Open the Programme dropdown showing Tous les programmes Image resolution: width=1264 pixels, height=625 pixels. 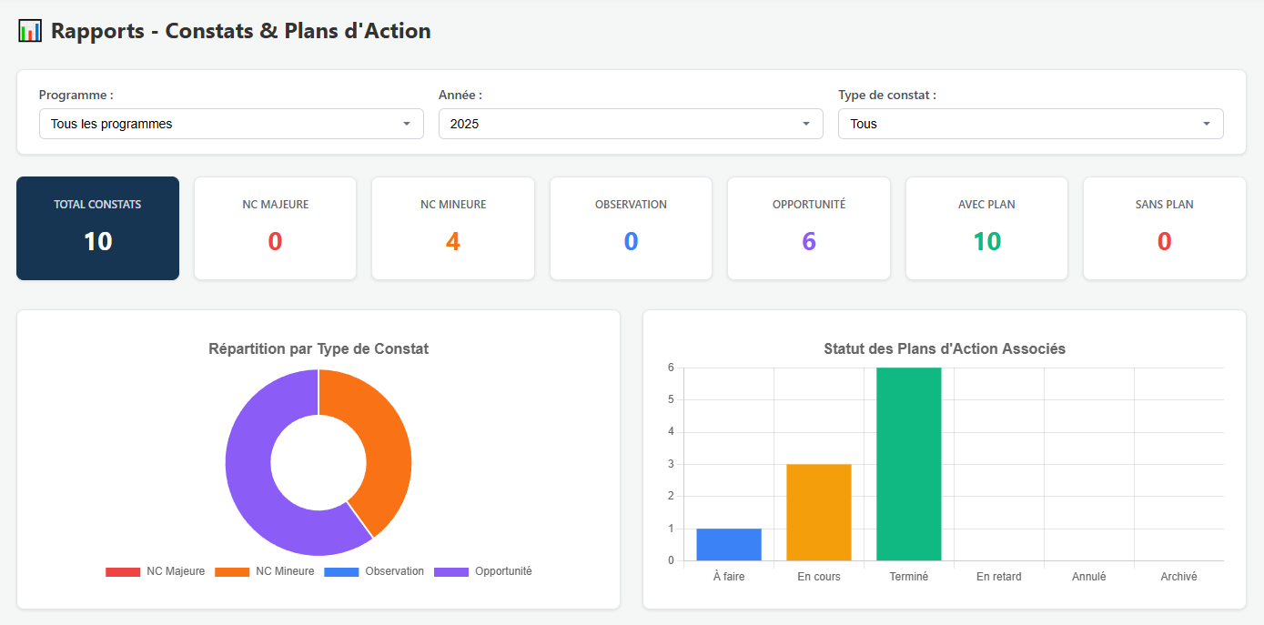pyautogui.click(x=230, y=124)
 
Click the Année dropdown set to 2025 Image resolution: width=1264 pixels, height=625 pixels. pyautogui.click(x=630, y=124)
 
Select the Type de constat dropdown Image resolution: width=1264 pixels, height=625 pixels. pyautogui.click(x=1029, y=124)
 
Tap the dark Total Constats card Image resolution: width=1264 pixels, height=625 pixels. pyautogui.click(x=97, y=228)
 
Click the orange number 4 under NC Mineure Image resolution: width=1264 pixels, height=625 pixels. pyautogui.click(x=452, y=241)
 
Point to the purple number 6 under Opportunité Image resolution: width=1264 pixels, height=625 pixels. pyautogui.click(x=808, y=241)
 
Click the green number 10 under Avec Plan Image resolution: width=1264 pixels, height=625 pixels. pyautogui.click(x=986, y=241)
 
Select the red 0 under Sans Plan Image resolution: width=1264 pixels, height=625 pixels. pyautogui.click(x=1164, y=241)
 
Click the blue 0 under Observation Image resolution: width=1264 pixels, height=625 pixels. pyautogui.click(x=631, y=241)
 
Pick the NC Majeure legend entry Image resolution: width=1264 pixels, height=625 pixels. pyautogui.click(x=156, y=571)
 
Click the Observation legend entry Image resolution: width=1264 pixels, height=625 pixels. pyautogui.click(x=374, y=571)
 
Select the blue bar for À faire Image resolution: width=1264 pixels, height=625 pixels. pyautogui.click(x=729, y=544)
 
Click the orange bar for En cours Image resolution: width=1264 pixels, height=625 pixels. pyautogui.click(x=819, y=512)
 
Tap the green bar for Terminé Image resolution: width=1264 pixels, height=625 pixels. pyautogui.click(x=908, y=464)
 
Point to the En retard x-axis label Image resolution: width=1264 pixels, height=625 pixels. pyautogui.click(x=998, y=577)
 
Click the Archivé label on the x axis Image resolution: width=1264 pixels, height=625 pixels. pyautogui.click(x=1178, y=577)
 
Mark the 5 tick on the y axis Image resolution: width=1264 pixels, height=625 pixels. pyautogui.click(x=671, y=399)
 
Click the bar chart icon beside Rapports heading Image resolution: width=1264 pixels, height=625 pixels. pyautogui.click(x=30, y=31)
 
